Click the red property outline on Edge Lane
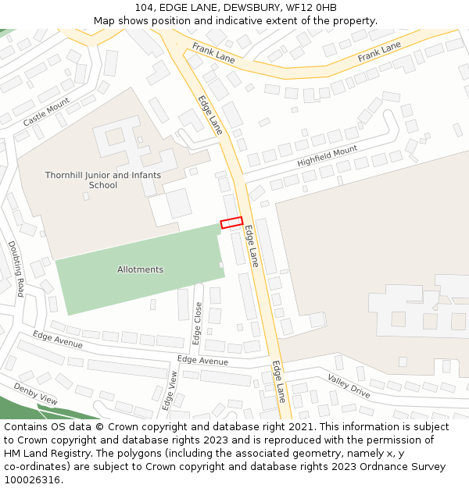[231, 223]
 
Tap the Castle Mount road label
[46, 112]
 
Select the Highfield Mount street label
[327, 155]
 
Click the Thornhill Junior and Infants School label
[103, 180]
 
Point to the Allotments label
[140, 269]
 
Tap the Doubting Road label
[16, 268]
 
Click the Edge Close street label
[197, 323]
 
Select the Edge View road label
[170, 390]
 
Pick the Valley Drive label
[349, 386]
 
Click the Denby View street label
[35, 393]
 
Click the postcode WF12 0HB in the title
[311, 8]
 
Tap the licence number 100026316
[33, 480]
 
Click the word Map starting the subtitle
[105, 20]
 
